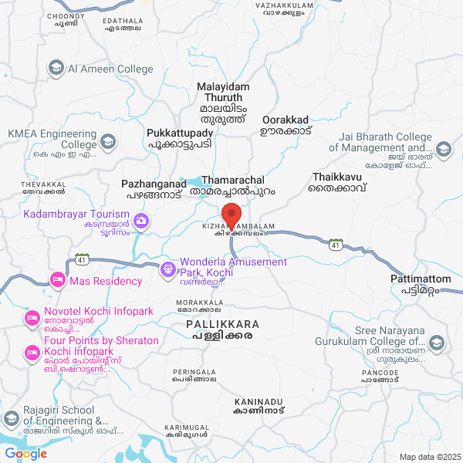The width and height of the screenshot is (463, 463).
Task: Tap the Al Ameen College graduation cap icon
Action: point(56,69)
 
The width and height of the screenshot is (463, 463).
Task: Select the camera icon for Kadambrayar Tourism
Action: point(140,221)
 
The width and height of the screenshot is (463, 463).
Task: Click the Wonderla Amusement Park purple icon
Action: point(167,269)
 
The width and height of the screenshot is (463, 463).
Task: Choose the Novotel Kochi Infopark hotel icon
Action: point(32,318)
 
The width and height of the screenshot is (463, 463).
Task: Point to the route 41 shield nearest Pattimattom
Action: point(336,245)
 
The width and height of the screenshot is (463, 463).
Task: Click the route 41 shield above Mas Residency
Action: point(81,259)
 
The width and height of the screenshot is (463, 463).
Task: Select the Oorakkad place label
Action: point(286,125)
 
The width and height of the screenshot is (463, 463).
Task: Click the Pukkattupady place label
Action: point(181,138)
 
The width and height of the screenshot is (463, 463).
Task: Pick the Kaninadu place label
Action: point(259,407)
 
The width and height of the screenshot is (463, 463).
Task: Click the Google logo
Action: point(25,454)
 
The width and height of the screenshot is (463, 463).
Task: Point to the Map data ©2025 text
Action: point(429,456)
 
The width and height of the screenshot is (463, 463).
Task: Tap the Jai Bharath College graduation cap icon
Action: point(444,148)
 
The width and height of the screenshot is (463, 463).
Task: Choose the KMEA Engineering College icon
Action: point(108,141)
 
